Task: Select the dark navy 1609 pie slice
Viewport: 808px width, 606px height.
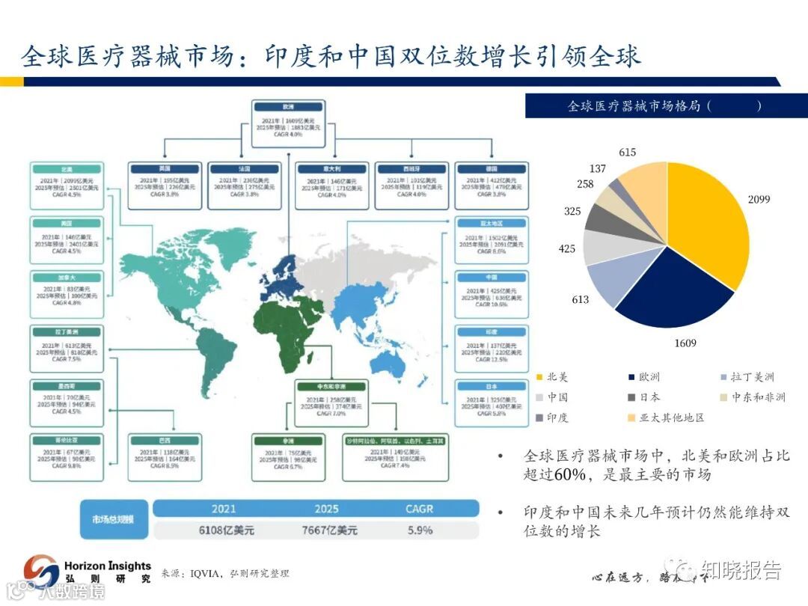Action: pos(670,296)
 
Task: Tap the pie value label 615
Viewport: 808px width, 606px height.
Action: pos(627,153)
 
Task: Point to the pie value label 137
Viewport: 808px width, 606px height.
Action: pos(597,169)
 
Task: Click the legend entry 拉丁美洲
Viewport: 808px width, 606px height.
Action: pos(748,377)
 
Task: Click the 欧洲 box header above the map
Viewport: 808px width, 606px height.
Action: pos(288,107)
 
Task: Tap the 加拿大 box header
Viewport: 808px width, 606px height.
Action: pos(67,278)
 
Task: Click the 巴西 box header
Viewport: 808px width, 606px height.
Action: pos(165,441)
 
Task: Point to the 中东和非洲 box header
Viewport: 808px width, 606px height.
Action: pos(330,387)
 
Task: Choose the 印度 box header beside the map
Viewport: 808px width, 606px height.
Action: pos(492,332)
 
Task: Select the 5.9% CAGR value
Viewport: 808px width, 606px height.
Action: pos(420,530)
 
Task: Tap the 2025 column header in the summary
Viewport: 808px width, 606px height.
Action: pos(326,509)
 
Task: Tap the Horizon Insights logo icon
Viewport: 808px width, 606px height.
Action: pos(41,570)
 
